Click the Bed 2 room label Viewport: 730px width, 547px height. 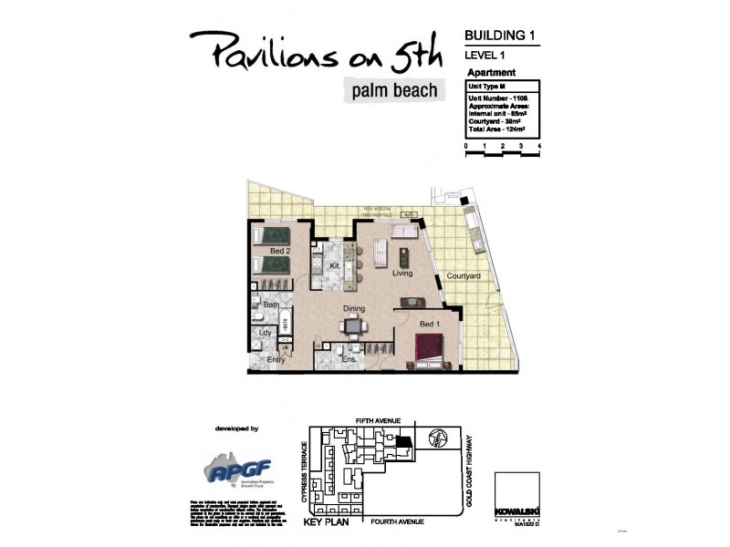click(279, 251)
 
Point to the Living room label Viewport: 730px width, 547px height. click(402, 273)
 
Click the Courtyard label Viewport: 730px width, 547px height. click(464, 276)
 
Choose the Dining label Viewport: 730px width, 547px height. click(354, 308)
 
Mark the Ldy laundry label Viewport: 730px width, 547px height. click(266, 333)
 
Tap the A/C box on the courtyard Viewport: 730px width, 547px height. click(410, 215)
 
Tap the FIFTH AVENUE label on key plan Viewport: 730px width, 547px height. click(378, 420)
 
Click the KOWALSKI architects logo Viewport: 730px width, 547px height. click(512, 491)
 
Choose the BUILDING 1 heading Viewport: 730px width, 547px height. click(499, 36)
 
